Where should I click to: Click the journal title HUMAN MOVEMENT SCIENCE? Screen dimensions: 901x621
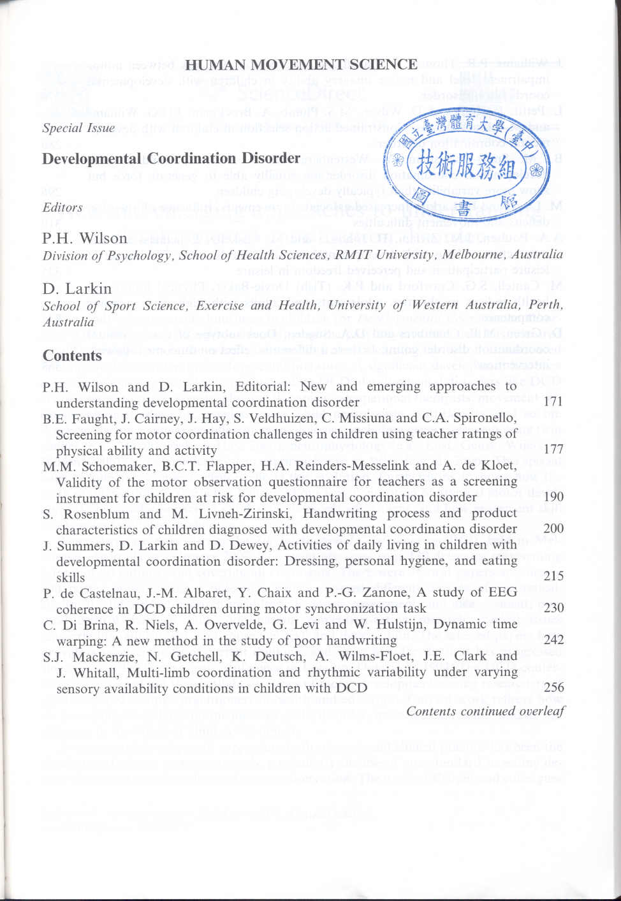[301, 64]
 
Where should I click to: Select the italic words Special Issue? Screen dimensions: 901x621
[78, 128]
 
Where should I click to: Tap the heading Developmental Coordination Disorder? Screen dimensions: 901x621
[171, 158]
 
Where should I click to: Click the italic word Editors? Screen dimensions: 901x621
[62, 207]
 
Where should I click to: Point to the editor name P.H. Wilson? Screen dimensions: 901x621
[85, 238]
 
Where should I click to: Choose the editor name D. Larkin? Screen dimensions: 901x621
[77, 288]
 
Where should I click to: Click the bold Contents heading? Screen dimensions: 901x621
[72, 356]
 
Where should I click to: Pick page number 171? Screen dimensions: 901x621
[553, 402]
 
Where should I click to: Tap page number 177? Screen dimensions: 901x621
[553, 449]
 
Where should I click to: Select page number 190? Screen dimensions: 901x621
[553, 497]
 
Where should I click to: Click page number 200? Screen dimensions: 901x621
[553, 529]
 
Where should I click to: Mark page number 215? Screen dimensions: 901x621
[553, 576]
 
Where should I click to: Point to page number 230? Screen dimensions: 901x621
[553, 608]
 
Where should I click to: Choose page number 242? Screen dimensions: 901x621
[553, 640]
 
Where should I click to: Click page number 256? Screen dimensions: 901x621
[553, 687]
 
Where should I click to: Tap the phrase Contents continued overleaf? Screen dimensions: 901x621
[485, 711]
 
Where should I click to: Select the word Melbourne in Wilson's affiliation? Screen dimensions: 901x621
[469, 255]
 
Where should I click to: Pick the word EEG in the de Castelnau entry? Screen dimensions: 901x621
[502, 592]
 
